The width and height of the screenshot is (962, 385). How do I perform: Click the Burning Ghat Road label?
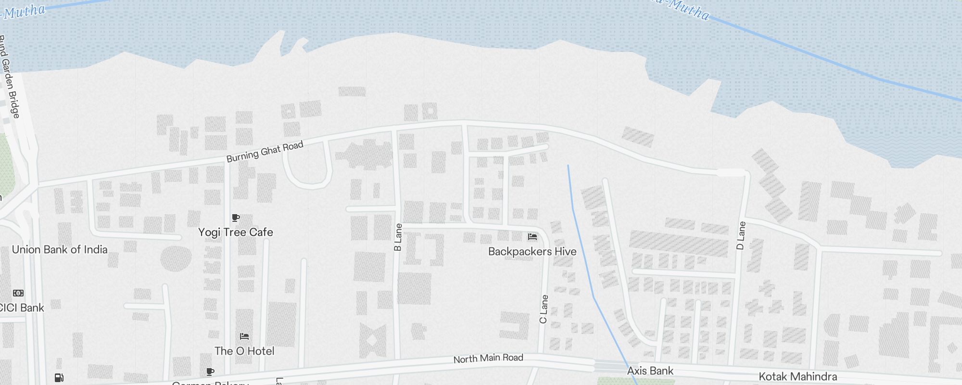pyautogui.click(x=265, y=152)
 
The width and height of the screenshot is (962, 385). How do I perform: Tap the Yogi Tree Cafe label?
pyautogui.click(x=236, y=232)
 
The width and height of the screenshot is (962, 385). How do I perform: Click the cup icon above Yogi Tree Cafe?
pyautogui.click(x=236, y=218)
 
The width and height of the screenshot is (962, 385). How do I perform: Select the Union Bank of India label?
pyautogui.click(x=60, y=250)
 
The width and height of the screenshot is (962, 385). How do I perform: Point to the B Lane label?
pyautogui.click(x=398, y=237)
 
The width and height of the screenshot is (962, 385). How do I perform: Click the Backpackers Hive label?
pyautogui.click(x=532, y=252)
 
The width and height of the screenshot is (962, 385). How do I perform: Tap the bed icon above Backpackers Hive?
pyautogui.click(x=532, y=237)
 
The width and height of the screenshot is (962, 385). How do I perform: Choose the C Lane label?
pyautogui.click(x=544, y=309)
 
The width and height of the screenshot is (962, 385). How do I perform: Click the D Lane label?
pyautogui.click(x=741, y=235)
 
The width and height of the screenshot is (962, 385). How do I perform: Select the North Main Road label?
pyautogui.click(x=488, y=358)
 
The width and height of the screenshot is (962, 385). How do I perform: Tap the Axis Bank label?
pyautogui.click(x=650, y=371)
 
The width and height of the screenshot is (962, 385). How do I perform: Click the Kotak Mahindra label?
pyautogui.click(x=797, y=376)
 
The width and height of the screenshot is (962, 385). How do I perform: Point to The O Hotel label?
pyautogui.click(x=244, y=351)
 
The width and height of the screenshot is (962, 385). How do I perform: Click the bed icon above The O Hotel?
pyautogui.click(x=244, y=336)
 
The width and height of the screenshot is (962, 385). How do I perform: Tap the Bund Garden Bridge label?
pyautogui.click(x=10, y=77)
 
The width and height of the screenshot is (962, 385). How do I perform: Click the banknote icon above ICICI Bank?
pyautogui.click(x=18, y=293)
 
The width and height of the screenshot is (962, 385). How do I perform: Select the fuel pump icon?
pyautogui.click(x=59, y=378)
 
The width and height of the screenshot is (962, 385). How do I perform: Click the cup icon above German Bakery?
pyautogui.click(x=210, y=372)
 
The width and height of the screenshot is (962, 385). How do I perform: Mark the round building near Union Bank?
pyautogui.click(x=176, y=258)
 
